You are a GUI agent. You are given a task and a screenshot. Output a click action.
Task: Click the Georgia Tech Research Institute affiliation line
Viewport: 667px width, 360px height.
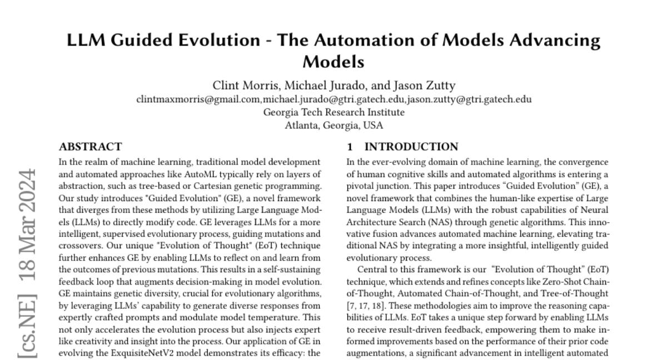(x=333, y=112)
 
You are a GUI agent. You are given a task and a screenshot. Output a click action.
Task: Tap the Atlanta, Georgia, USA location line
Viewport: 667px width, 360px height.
(x=333, y=125)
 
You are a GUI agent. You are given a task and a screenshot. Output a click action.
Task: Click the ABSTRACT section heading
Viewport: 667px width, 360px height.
(x=90, y=147)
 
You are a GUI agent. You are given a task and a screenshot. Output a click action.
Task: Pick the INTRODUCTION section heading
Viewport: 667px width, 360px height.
(x=411, y=147)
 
